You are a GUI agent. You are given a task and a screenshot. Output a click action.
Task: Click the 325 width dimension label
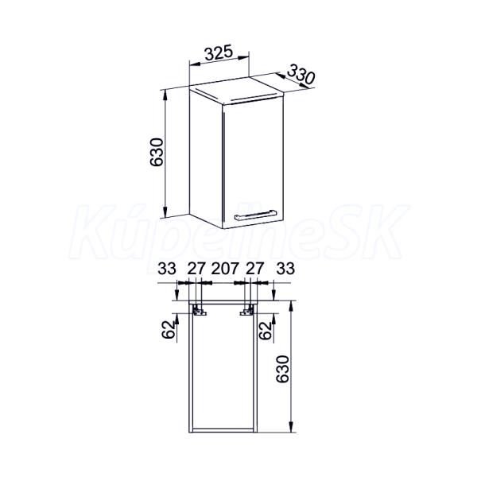tap(219, 53)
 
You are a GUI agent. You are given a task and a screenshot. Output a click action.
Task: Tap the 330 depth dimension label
tap(300, 74)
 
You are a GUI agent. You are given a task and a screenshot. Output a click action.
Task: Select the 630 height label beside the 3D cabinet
tap(157, 152)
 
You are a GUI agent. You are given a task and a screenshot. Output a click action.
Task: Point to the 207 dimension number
tap(225, 269)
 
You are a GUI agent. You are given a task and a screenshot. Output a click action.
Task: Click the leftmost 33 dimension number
tap(167, 269)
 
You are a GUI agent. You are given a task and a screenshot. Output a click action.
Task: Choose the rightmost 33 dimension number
tap(285, 269)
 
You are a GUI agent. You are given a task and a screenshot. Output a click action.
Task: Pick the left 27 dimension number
tap(196, 269)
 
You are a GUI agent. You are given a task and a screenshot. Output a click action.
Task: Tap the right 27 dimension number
tap(254, 269)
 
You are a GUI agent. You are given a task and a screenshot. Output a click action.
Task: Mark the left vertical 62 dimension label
tap(169, 330)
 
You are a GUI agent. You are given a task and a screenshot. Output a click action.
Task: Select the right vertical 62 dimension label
tap(266, 330)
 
